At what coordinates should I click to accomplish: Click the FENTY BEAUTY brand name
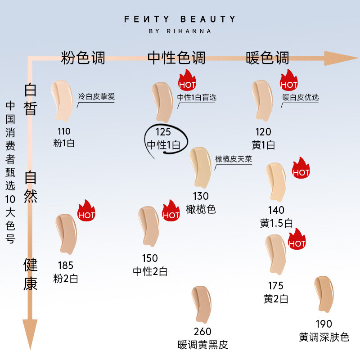tap(180, 19)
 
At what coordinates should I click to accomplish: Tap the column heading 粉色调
tap(83, 58)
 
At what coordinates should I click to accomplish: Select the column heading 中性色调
tap(176, 58)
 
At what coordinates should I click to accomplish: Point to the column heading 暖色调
tap(268, 58)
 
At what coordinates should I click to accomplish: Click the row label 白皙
tap(30, 99)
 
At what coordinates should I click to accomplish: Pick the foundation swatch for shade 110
tap(62, 99)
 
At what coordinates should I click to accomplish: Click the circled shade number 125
tap(163, 132)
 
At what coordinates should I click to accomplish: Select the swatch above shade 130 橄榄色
tap(200, 167)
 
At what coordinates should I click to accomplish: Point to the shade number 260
tap(202, 332)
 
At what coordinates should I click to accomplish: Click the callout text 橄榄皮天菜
tap(234, 159)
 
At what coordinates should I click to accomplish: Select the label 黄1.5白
tap(276, 223)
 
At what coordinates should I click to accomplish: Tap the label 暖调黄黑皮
tap(203, 345)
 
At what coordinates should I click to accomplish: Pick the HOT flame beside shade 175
tap(297, 241)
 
